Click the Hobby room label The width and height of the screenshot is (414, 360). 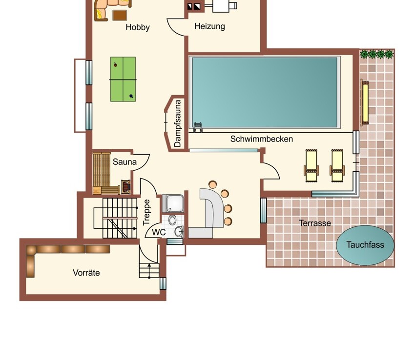(138, 27)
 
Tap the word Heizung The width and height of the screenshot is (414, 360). (209, 26)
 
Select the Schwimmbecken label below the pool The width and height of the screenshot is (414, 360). (261, 139)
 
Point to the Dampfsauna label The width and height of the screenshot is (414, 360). (178, 123)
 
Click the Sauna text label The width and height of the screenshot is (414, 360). (124, 161)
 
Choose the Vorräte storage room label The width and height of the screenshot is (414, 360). (86, 273)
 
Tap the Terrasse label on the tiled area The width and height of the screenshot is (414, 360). (315, 223)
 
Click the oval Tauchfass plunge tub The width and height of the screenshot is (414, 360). (365, 245)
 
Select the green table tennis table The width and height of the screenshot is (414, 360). (123, 80)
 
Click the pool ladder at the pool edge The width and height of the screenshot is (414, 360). (198, 127)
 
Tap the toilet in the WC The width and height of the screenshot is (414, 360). (172, 220)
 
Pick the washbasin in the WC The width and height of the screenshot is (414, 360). (179, 232)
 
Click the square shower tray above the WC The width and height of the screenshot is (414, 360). (173, 203)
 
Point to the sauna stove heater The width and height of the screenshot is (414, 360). (125, 187)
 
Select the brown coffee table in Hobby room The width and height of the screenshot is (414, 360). (120, 15)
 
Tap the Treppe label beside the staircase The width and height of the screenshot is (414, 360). (146, 212)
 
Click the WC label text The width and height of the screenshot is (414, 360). (159, 232)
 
